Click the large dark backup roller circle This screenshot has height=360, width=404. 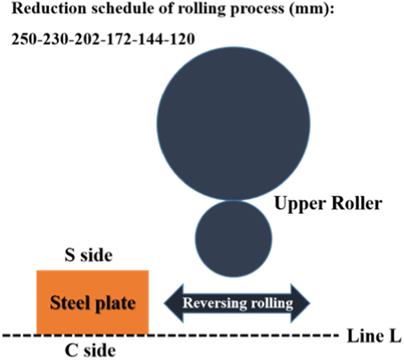[x=234, y=123]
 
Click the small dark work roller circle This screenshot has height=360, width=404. [x=234, y=238]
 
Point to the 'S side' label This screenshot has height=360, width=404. [x=89, y=256]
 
